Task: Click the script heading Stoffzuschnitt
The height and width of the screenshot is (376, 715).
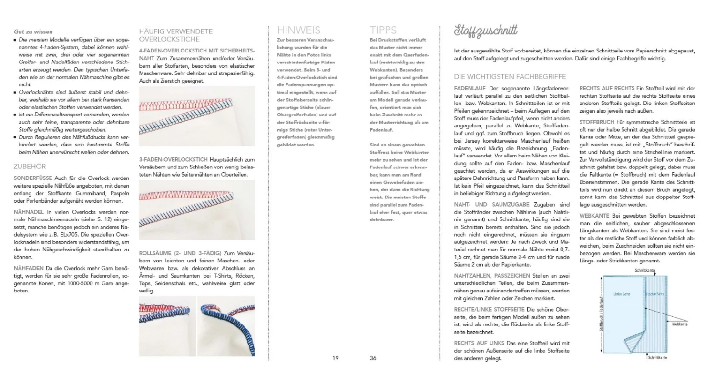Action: (x=486, y=31)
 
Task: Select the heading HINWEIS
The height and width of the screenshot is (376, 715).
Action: (x=298, y=30)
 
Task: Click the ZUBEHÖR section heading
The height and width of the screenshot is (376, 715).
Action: (x=31, y=167)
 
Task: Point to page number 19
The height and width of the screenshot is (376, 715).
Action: (x=336, y=358)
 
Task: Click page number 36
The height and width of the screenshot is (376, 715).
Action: (x=373, y=358)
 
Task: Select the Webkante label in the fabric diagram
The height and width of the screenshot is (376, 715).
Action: (x=679, y=324)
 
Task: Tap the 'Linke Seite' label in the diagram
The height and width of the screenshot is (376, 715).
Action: (x=622, y=294)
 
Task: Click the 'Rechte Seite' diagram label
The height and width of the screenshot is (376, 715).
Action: (x=655, y=294)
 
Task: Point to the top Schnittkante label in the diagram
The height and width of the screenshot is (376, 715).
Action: (x=644, y=270)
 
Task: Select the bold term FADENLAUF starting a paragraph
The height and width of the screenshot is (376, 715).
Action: (x=470, y=88)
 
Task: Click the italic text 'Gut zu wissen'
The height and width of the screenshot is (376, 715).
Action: (x=33, y=32)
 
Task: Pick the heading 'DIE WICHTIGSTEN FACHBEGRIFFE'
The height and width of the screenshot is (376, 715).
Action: (x=510, y=76)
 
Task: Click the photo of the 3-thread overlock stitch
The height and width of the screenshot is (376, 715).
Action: (x=196, y=210)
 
